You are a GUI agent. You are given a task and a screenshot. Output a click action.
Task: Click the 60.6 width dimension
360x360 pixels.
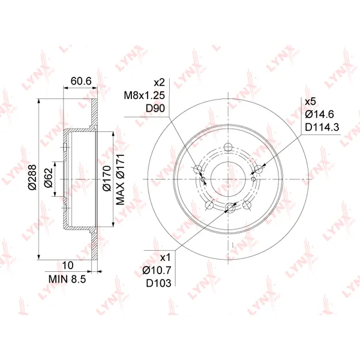(81, 81)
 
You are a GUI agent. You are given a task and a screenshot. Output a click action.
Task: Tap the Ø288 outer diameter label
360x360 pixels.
(32, 177)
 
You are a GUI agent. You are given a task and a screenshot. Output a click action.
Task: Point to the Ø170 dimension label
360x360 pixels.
(107, 178)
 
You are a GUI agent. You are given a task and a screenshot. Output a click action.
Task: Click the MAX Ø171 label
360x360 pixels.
(121, 179)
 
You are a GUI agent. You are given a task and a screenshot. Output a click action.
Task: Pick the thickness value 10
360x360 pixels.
(68, 265)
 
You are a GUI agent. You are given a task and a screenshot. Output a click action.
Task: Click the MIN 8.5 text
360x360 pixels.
(67, 279)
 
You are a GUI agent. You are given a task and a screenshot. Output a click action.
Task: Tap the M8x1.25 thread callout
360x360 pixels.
(145, 95)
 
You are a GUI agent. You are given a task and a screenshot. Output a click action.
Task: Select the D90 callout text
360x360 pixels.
(155, 109)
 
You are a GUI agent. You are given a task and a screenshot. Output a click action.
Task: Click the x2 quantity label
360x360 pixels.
(160, 82)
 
